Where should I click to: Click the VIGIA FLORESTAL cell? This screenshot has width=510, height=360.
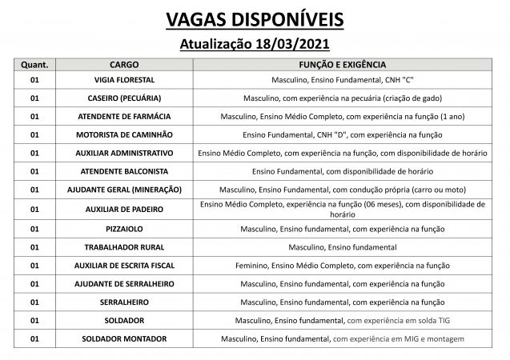click(x=124, y=81)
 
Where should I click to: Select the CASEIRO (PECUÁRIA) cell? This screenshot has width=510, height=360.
click(x=124, y=98)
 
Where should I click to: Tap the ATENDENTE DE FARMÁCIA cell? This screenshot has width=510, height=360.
click(x=124, y=117)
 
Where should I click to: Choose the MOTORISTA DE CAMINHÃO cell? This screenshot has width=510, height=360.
click(x=124, y=134)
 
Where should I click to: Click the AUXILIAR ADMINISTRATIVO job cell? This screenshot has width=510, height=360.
click(x=124, y=153)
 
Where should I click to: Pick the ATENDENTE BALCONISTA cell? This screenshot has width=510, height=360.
click(x=124, y=171)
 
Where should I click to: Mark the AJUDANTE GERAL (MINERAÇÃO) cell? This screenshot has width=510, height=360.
click(x=124, y=189)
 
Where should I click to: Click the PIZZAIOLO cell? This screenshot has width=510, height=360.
click(x=124, y=229)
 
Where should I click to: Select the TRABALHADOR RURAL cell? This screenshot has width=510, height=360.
click(x=124, y=247)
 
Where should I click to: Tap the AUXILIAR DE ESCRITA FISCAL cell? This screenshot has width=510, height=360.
click(x=124, y=265)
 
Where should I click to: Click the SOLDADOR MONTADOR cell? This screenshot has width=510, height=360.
click(x=124, y=338)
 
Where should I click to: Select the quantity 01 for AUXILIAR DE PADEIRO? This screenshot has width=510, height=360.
click(x=34, y=209)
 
